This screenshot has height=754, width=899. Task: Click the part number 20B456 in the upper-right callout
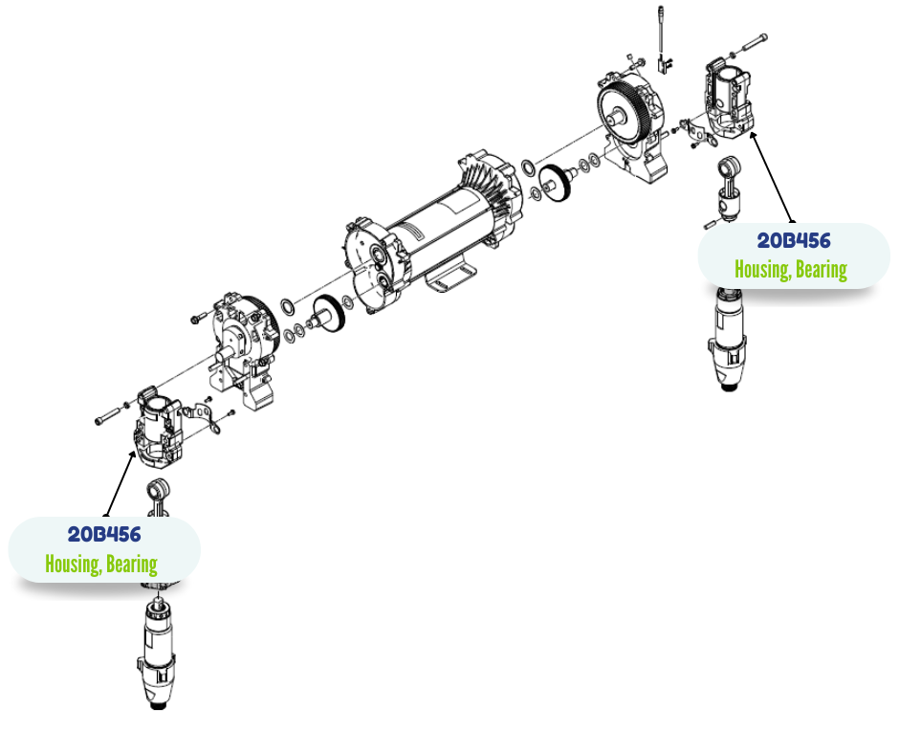coord(794,240)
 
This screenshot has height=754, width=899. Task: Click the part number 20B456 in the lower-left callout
coord(104,534)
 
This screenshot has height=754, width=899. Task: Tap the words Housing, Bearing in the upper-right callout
coord(791,269)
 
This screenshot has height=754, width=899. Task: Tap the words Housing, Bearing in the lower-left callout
coord(101,564)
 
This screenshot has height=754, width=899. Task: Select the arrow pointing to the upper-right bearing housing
coord(773,177)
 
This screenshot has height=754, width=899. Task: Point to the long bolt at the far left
coord(108,416)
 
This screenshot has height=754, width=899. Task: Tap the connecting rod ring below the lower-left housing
coord(158,490)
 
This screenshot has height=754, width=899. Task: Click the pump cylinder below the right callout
coord(728,339)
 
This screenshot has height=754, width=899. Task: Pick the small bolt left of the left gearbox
coord(199,318)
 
